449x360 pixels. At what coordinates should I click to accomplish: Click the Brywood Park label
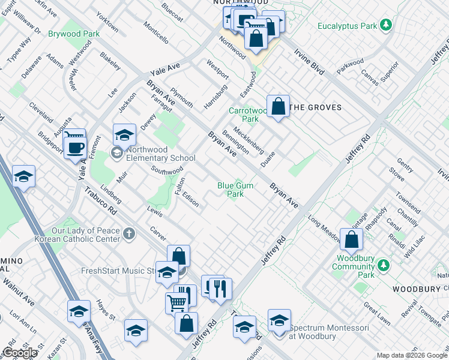pyautogui.click(x=74, y=34)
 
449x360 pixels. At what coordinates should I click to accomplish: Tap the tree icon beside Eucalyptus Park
pyautogui.click(x=387, y=25)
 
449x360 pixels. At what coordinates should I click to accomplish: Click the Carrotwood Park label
pyautogui.click(x=248, y=115)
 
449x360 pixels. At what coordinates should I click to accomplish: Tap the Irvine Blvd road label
pyautogui.click(x=310, y=61)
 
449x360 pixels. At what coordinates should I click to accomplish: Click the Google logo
pyautogui.click(x=20, y=353)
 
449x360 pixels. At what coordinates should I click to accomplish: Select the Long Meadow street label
pyautogui.click(x=325, y=229)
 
